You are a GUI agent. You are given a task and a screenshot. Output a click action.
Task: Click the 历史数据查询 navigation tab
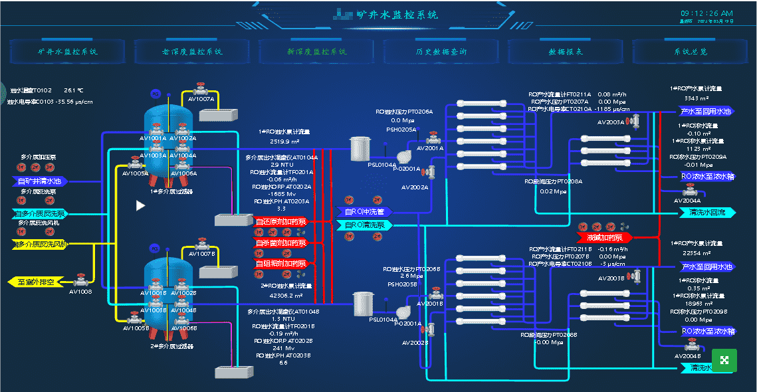(x=441, y=51)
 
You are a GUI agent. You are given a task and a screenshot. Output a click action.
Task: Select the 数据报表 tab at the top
(x=566, y=51)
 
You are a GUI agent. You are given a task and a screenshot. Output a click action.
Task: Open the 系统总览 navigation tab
(x=690, y=51)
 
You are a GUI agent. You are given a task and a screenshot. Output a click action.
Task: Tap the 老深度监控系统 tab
(x=192, y=51)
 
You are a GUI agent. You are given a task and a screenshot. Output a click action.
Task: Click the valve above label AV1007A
(x=201, y=89)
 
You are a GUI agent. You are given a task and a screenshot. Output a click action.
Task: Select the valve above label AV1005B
(x=135, y=318)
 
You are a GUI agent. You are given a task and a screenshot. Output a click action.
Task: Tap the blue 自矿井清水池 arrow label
(x=39, y=181)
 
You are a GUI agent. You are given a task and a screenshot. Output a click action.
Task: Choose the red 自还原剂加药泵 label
(x=280, y=221)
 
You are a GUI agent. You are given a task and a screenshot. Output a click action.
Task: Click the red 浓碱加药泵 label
(x=604, y=237)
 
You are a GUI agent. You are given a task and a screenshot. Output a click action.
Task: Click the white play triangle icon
(x=140, y=205)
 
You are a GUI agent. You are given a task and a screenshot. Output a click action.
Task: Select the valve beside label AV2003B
(x=635, y=275)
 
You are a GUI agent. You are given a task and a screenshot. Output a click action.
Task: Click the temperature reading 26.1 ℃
(x=73, y=90)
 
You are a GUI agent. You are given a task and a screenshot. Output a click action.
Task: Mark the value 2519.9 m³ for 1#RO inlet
(x=284, y=142)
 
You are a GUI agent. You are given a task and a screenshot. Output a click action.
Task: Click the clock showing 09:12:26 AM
(x=706, y=13)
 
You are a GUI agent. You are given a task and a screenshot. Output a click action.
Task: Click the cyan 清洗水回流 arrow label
(x=706, y=213)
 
